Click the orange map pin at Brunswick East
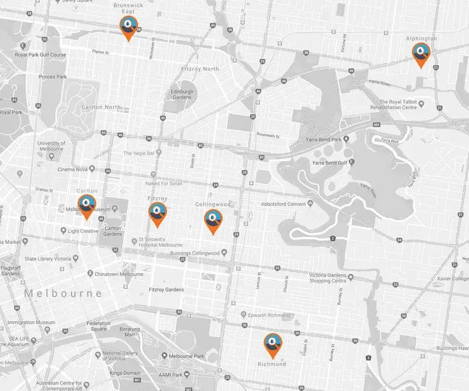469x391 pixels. tap(128, 26)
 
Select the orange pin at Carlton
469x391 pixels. tap(87, 205)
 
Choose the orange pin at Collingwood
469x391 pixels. tap(213, 220)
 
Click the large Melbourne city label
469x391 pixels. tap(63, 293)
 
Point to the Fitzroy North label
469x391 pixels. tap(194, 69)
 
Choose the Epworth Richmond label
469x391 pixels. tap(269, 315)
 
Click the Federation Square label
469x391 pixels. tap(98, 326)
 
